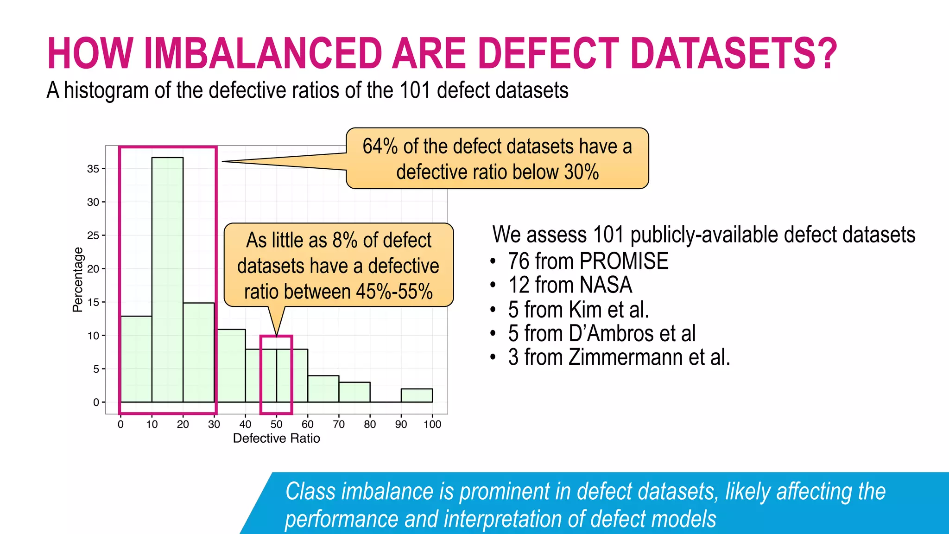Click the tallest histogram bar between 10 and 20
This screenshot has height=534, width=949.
point(167,278)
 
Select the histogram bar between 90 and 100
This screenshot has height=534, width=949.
point(417,395)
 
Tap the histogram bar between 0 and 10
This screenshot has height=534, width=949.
point(136,359)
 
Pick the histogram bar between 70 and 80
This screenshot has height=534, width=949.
point(354,392)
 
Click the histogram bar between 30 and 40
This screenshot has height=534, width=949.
point(230,366)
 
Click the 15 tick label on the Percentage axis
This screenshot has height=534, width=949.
point(93,302)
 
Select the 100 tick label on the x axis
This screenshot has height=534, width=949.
point(432,424)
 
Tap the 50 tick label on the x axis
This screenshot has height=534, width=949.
point(277,424)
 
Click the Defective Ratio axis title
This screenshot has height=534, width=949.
point(276,438)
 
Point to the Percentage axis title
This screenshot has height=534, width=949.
point(78,280)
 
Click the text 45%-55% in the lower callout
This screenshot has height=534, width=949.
point(394,292)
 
